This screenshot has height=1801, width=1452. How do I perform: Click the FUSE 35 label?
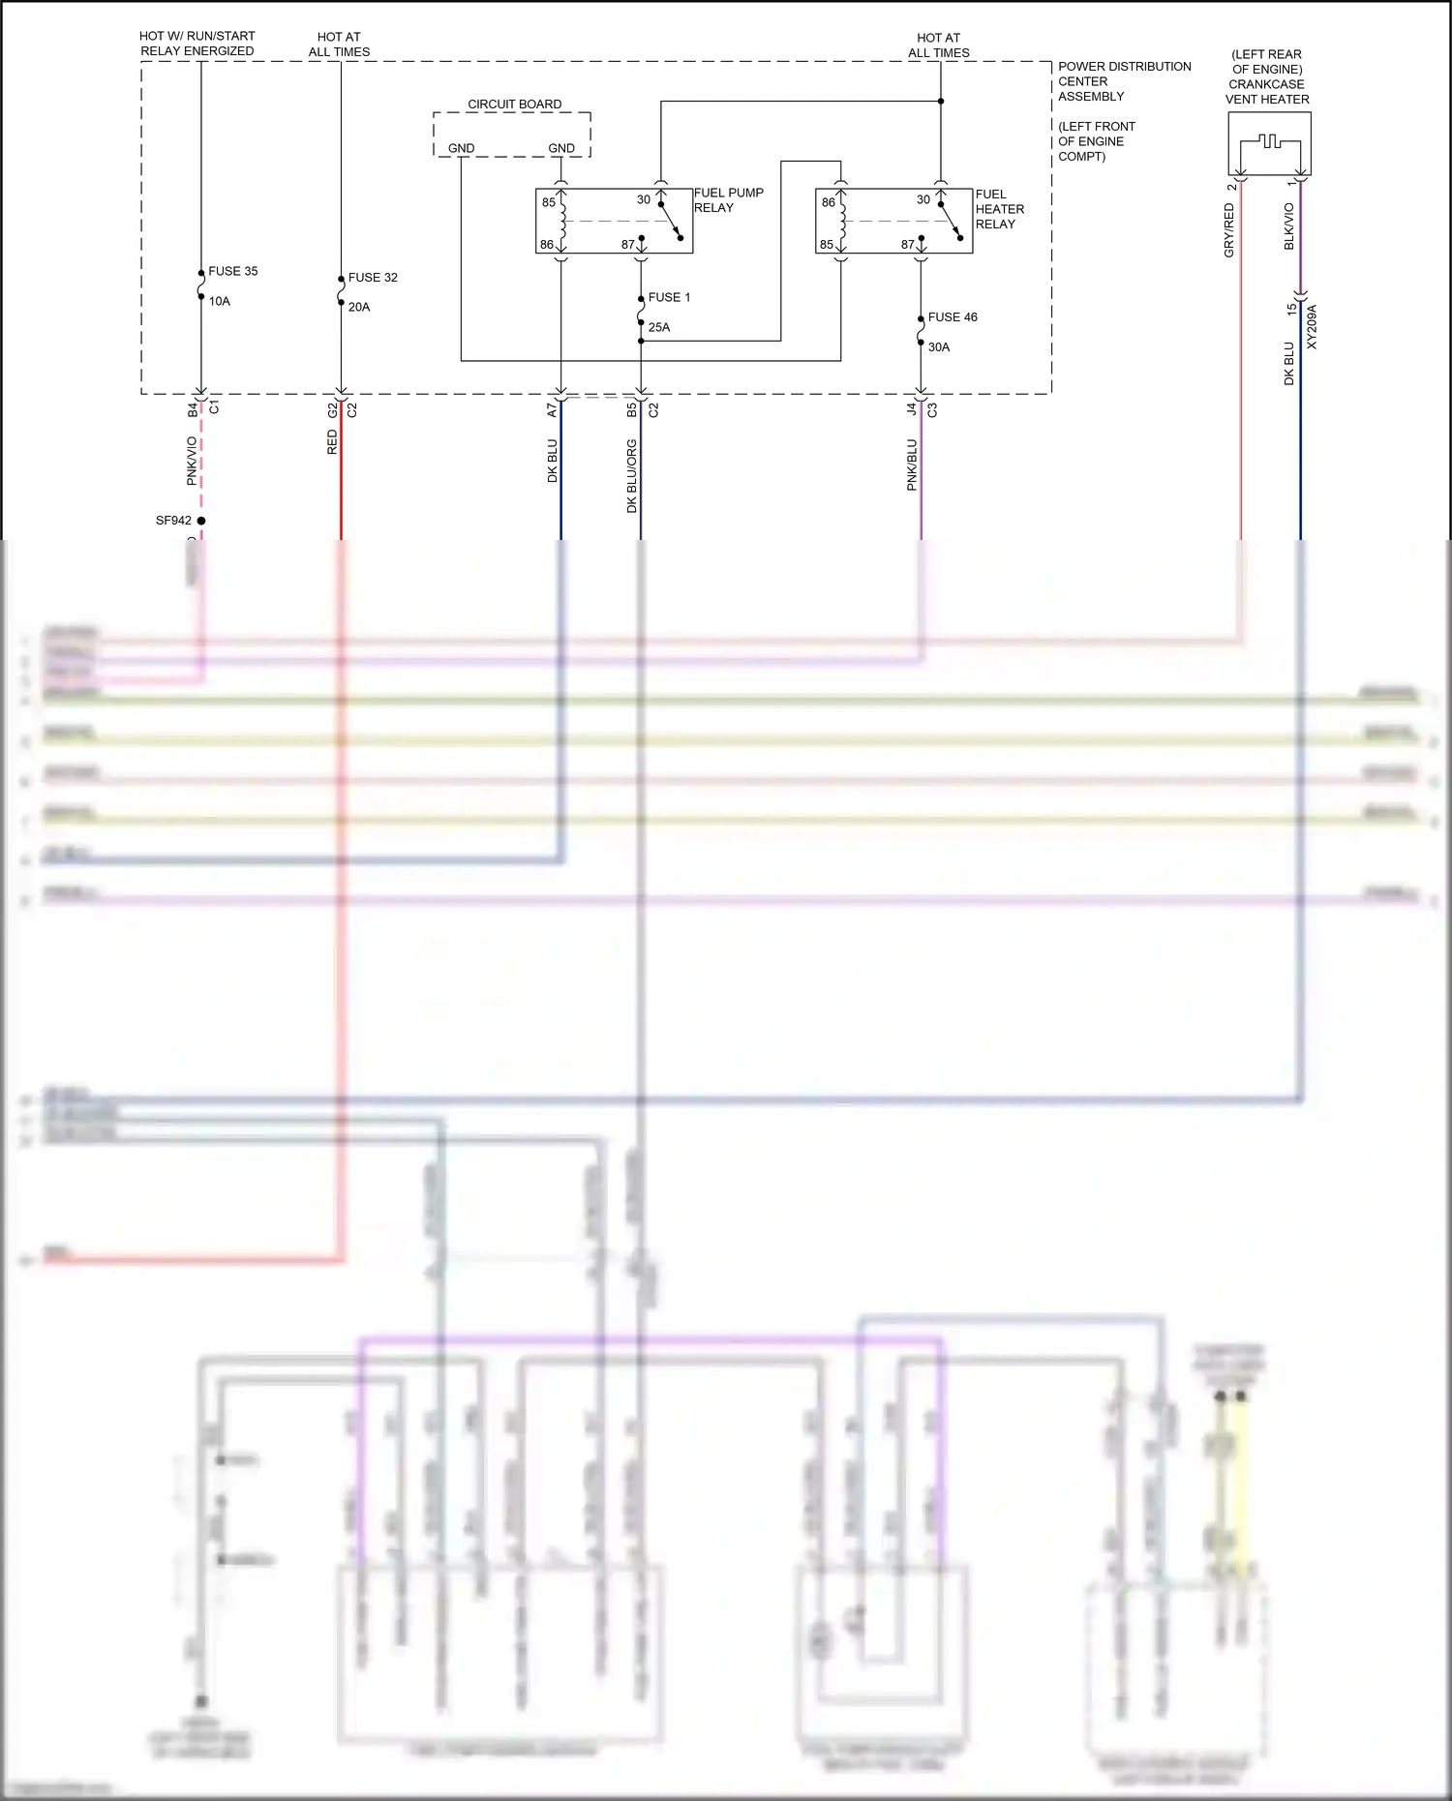pos(232,271)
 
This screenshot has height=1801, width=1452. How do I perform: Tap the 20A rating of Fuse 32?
pos(359,307)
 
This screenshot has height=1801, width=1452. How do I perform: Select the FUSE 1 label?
pos(669,297)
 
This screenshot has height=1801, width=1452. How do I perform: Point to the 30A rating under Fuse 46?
pos(939,346)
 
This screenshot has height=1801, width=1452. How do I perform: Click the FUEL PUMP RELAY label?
pos(728,200)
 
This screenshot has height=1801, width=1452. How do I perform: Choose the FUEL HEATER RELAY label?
pos(999,209)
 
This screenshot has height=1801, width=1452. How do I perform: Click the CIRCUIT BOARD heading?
pos(514,104)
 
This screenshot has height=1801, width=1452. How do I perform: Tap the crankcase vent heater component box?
pos(1269,143)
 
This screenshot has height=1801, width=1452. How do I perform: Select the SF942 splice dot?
pos(201,521)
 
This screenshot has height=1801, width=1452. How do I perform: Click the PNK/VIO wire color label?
pos(192,461)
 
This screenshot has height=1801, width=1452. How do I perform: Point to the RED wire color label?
pos(332,442)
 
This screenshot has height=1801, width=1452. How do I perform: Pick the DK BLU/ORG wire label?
pos(632,475)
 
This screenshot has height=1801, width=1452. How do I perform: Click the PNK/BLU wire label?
pos(912,465)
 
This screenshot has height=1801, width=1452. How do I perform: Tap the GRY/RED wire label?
pos(1229,229)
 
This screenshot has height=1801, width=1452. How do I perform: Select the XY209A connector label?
pos(1312,327)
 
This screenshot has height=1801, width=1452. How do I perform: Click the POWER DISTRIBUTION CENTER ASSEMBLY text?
pos(1123,81)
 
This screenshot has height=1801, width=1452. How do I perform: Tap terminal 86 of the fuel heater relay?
pos(829,202)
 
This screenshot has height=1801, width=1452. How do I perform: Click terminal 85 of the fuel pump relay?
pos(549,202)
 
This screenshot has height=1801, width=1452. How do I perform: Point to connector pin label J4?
pos(912,409)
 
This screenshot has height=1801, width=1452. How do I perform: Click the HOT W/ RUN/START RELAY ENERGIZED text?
pos(197,44)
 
